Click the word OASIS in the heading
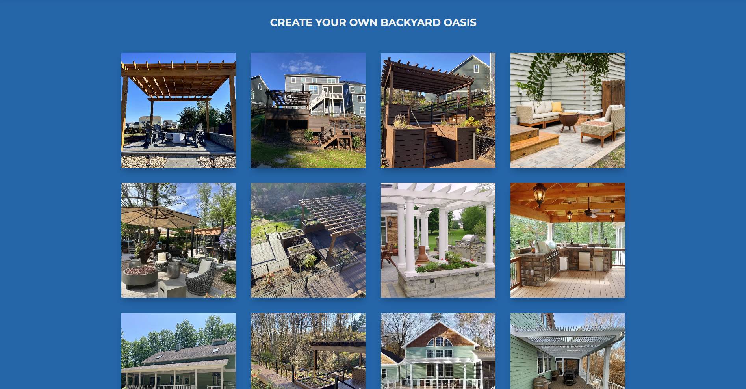(x=460, y=22)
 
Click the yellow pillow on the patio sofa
(x=557, y=107)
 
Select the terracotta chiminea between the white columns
(x=422, y=255)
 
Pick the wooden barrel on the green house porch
(x=541, y=383)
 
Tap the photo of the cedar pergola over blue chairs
(x=178, y=110)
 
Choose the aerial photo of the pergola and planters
(x=308, y=240)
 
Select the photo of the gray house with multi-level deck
(x=308, y=110)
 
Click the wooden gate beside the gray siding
(x=613, y=95)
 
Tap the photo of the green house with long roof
(x=178, y=351)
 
